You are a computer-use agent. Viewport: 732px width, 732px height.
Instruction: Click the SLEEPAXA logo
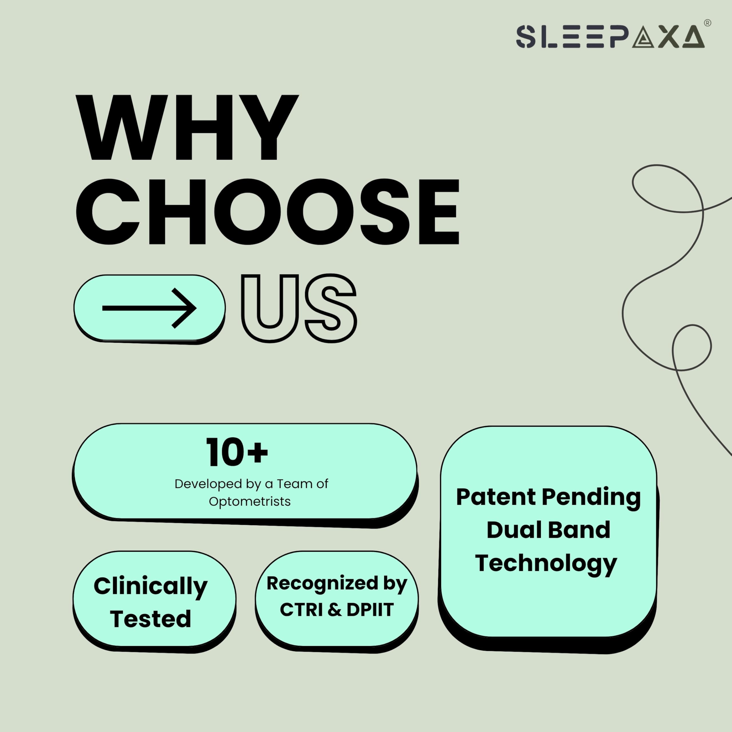click(610, 36)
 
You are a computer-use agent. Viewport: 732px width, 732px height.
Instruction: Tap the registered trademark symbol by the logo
click(707, 23)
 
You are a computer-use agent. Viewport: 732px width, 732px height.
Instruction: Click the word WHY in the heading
click(188, 127)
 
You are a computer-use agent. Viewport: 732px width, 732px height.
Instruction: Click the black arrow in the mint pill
click(149, 308)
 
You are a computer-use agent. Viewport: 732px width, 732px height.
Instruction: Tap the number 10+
click(237, 452)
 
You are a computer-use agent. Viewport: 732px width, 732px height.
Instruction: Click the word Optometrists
click(250, 502)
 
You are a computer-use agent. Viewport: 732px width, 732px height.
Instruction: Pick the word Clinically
click(150, 586)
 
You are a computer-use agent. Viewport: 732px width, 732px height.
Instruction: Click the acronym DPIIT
click(370, 610)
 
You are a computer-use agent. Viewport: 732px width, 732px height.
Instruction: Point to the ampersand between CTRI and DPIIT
click(335, 610)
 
